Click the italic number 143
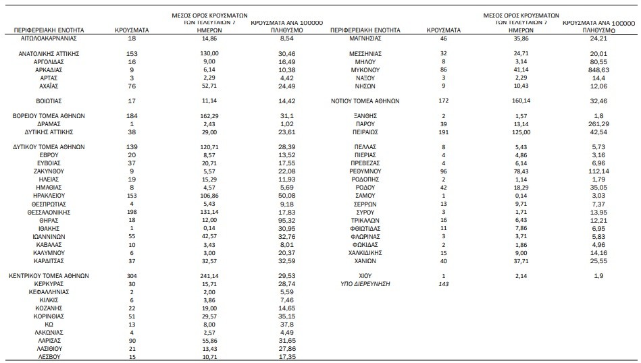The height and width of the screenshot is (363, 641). tap(443, 285)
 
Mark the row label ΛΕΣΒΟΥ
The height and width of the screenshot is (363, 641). tap(48, 356)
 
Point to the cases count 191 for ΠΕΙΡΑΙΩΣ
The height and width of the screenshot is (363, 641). tap(443, 132)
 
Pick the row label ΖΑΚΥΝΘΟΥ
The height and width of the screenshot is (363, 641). tap(48, 172)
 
